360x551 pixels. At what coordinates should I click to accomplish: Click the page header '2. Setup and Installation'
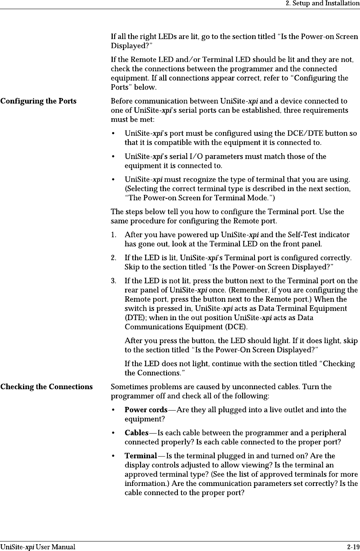[x=323, y=4]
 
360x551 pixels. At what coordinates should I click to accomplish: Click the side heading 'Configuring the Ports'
[x=39, y=101]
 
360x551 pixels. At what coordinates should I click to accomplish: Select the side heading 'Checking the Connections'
[x=46, y=387]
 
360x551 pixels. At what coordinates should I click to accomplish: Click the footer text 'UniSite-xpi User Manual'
[x=38, y=547]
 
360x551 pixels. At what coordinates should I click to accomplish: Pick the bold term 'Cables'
[x=137, y=433]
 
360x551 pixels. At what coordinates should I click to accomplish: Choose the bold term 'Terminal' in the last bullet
[x=141, y=456]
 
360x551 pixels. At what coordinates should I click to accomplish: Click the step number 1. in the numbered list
[x=114, y=234]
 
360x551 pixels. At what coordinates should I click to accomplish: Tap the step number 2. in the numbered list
[x=114, y=258]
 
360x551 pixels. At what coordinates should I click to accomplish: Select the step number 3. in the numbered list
[x=114, y=281]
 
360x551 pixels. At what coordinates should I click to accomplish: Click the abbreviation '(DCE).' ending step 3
[x=235, y=327]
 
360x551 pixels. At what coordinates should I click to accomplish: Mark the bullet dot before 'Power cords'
[x=114, y=410]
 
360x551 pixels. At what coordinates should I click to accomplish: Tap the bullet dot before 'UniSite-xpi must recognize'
[x=114, y=179]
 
